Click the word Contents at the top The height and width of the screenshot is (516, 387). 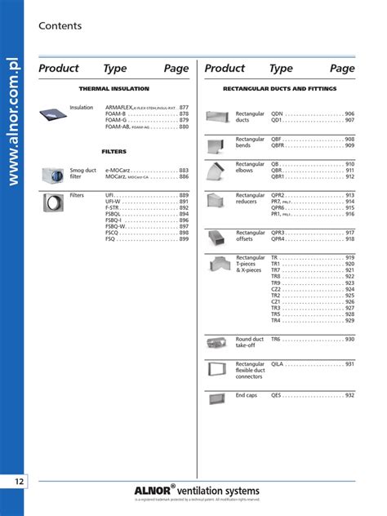pos(60,26)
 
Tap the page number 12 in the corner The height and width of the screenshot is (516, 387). pos(18,481)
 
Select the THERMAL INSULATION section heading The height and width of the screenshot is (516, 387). pos(113,87)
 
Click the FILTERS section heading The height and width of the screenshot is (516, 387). pos(113,152)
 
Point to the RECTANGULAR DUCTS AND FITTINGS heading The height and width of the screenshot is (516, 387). pos(279,87)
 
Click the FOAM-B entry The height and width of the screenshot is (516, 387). pos(116,114)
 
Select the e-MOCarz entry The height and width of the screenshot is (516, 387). pos(119,170)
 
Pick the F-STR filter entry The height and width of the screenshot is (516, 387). pos(113,207)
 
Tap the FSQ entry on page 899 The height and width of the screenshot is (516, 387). pos(111,239)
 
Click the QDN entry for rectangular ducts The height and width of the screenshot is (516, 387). pos(278,113)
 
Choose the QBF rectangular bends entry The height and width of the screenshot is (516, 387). pos(277,140)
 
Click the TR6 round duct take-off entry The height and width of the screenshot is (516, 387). pos(276,339)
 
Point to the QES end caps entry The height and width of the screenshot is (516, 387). pos(277,395)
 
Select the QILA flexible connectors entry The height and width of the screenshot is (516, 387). pos(278,364)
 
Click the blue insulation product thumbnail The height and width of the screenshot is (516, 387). pos(53,117)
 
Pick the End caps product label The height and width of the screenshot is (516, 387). pos(247,395)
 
